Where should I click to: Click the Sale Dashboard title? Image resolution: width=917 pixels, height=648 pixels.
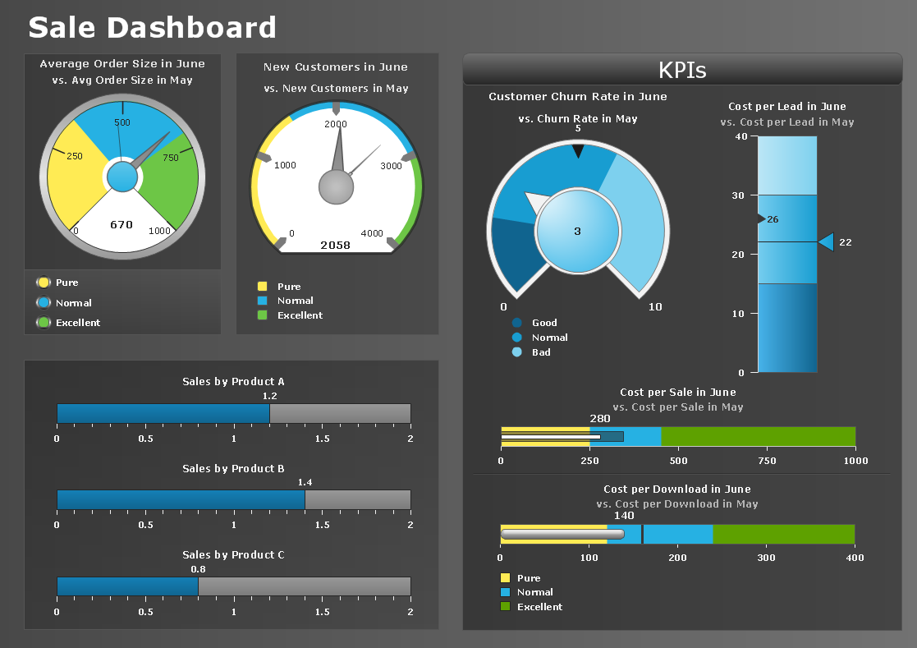tap(152, 27)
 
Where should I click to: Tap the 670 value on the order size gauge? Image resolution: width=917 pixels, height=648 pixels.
tap(122, 224)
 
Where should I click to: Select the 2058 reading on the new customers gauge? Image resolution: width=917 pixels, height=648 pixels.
tap(335, 245)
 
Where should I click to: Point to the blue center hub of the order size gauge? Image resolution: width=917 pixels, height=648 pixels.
tap(122, 177)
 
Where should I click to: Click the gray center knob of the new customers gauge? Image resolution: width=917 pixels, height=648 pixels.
tap(336, 187)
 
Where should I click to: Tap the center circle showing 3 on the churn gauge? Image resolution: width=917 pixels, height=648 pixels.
tap(577, 231)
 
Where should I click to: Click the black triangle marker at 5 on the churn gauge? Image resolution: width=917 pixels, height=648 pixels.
tap(578, 150)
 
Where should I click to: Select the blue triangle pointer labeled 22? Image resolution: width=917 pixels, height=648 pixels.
tap(827, 241)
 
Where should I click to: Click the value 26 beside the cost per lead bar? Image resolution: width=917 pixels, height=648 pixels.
tap(773, 219)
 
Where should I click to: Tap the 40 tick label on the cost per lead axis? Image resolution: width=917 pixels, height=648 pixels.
tap(741, 136)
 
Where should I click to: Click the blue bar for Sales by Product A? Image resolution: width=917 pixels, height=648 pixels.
tap(163, 413)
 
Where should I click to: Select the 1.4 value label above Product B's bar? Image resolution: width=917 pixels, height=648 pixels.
tap(305, 482)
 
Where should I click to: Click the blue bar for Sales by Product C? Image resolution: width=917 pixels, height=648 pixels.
tap(127, 586)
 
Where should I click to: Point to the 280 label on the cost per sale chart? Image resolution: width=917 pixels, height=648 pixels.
tap(600, 418)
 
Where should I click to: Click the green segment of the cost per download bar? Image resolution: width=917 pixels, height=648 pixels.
tap(783, 534)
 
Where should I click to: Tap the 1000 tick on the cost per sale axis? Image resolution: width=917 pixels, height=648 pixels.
tap(855, 461)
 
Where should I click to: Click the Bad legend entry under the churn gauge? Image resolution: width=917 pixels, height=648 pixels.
tap(541, 352)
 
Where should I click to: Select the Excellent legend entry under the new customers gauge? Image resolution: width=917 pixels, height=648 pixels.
tap(300, 315)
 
